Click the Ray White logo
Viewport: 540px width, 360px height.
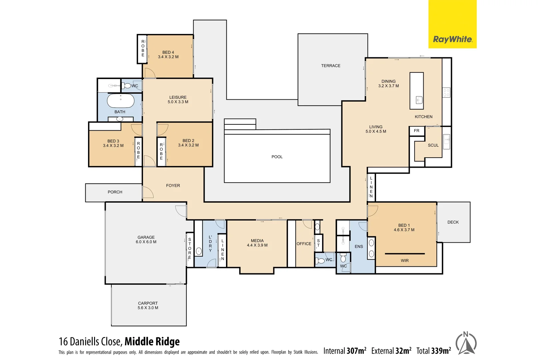point(452,39)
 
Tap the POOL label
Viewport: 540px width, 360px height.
point(277,157)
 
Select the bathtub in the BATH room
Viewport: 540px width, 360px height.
point(121,100)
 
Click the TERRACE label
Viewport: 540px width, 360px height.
point(331,66)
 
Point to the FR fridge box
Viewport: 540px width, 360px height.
point(417,131)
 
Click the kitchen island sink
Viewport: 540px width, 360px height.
point(419,100)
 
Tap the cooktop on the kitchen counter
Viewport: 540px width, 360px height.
point(446,93)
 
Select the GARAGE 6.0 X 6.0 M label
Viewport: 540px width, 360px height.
point(146,239)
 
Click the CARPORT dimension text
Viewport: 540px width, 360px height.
point(148,308)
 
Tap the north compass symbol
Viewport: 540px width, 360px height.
point(466,343)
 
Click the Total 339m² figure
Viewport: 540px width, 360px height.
point(434,351)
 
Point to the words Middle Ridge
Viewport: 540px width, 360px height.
point(152,341)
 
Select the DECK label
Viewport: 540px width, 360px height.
point(453,222)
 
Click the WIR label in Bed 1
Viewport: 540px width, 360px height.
point(405,261)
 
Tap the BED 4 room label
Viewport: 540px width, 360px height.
point(168,54)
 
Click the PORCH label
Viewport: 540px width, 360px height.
point(115,192)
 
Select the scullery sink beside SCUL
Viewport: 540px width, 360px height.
point(446,141)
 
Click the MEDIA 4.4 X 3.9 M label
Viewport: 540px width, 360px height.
point(257,243)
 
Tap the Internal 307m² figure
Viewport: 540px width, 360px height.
point(345,351)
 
